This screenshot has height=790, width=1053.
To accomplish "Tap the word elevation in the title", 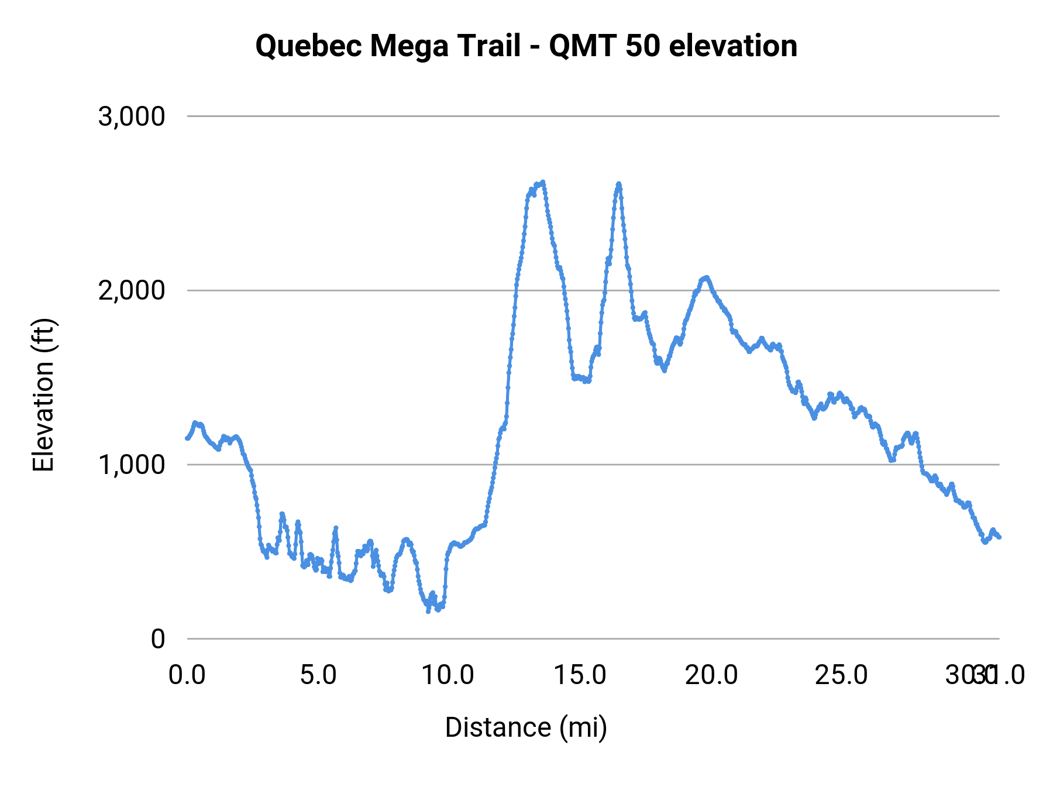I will coord(733,46).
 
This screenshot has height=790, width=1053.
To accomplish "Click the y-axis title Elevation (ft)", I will coord(43,394).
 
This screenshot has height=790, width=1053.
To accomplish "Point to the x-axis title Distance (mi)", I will coord(526,727).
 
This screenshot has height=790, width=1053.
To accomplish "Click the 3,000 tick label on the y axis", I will coord(132,116).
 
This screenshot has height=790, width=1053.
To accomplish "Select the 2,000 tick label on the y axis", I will coord(132,290).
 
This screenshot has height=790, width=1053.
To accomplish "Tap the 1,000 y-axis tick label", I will coord(132,465).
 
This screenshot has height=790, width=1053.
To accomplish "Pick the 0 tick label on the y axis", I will coord(158,639).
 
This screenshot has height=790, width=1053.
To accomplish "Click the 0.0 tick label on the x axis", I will coord(187,675).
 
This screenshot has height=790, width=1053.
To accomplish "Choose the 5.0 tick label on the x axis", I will coord(318,675).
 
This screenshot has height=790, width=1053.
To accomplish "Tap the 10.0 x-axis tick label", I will coord(449,675).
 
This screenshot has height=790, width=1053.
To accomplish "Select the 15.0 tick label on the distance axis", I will coord(580,675).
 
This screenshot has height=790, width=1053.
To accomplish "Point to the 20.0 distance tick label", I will coord(711,675).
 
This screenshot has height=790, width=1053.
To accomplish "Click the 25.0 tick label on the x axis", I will coord(842,675).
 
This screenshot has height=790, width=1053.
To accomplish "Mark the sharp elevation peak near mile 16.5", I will coord(618,184).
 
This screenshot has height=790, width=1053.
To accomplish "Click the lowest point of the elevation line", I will coord(428,611).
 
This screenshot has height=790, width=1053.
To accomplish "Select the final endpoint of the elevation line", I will coord(999,537).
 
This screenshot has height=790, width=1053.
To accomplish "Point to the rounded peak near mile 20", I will coord(706,277).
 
